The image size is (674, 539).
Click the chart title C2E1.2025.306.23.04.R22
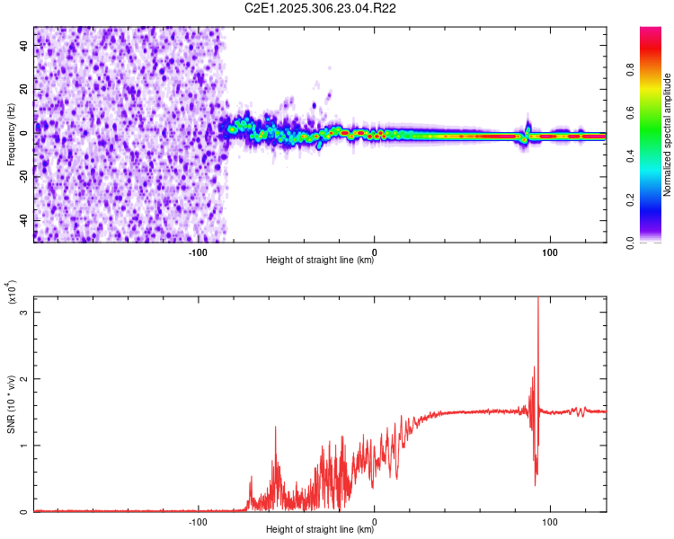321,8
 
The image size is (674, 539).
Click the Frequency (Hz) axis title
11,135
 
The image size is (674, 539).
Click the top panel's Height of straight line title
320,261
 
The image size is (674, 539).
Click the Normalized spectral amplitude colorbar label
668,135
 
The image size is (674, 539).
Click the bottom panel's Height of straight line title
320,530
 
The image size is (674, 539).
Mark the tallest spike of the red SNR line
537,300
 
